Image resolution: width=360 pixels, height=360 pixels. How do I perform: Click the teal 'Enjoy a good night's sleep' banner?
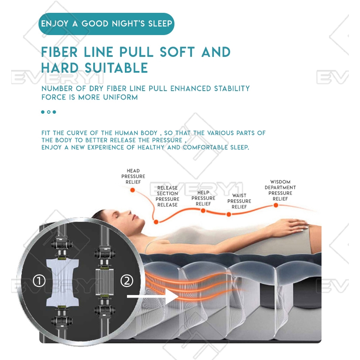106,24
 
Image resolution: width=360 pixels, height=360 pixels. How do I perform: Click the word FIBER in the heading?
59,52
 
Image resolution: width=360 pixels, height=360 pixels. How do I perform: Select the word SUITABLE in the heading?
116,68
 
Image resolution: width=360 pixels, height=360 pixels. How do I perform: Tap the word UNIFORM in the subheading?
120,97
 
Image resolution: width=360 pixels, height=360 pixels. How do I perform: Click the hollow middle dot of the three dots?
49,112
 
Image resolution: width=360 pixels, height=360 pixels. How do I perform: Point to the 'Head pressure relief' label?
133,176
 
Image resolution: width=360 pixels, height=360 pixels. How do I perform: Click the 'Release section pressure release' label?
167,196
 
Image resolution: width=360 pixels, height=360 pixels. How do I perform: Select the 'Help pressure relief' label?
204,198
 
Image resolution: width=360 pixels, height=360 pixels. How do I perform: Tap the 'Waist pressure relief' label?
239,201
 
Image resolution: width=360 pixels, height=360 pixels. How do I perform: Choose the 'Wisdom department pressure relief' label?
280,190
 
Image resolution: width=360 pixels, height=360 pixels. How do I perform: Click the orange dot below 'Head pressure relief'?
133,190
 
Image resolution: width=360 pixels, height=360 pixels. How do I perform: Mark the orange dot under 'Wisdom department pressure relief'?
276,205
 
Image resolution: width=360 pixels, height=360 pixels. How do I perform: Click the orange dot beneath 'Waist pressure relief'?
229,215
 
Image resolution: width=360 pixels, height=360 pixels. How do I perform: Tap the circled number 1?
39,281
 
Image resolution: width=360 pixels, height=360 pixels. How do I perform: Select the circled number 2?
127,280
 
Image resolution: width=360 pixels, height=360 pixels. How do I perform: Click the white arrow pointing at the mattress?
153,296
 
